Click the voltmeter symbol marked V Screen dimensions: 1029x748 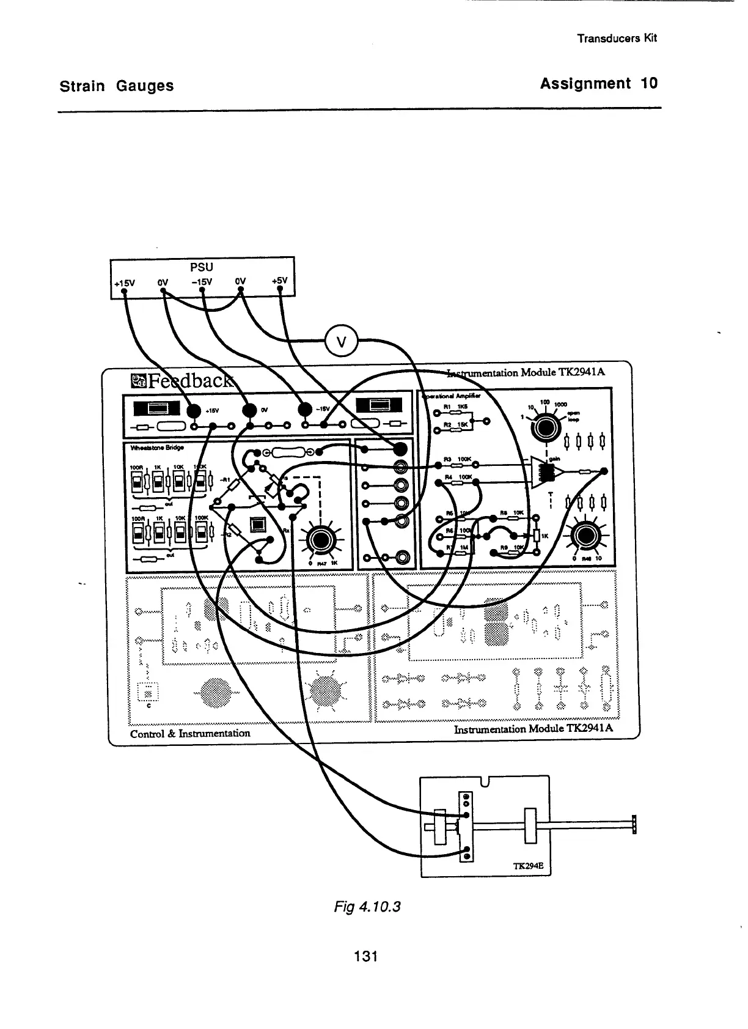point(342,341)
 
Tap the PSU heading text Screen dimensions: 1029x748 point(202,267)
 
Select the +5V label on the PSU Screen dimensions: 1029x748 point(280,281)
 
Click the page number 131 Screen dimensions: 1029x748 point(366,956)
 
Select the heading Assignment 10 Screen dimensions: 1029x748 point(598,84)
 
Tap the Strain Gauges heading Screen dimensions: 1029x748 point(116,86)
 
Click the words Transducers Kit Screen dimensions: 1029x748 point(617,38)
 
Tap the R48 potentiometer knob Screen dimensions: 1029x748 point(585,536)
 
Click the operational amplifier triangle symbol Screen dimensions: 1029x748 point(544,471)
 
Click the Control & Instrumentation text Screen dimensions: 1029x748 point(190,733)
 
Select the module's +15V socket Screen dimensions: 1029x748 point(194,411)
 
